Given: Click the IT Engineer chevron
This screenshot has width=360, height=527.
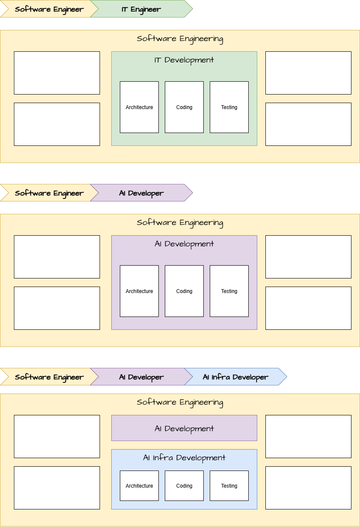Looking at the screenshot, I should (x=141, y=9).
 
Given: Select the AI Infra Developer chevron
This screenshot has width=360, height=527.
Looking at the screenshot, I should (x=235, y=377).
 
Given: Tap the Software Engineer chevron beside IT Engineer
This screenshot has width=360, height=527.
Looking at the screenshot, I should (x=47, y=9).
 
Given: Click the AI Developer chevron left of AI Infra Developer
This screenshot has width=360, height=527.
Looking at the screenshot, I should (x=141, y=377).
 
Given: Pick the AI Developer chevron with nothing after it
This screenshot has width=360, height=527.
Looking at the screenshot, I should (x=141, y=193).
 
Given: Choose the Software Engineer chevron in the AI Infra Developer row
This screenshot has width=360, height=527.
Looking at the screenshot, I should (x=47, y=377).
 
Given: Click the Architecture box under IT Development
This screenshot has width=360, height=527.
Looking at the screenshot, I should (x=139, y=107).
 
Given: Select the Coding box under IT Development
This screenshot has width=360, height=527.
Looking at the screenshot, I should (x=184, y=107).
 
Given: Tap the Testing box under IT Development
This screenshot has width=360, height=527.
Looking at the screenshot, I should (x=229, y=107).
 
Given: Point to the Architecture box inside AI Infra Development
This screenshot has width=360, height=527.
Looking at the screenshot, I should (x=139, y=486).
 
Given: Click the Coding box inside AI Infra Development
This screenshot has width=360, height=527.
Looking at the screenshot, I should (x=184, y=486).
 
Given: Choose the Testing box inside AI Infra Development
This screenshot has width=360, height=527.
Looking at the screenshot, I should (x=229, y=486).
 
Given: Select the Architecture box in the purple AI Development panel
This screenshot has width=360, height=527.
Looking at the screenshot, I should (x=139, y=291).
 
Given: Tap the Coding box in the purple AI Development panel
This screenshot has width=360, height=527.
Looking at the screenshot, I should (x=184, y=291).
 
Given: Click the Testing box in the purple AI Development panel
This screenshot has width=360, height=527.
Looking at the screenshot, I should (x=229, y=291).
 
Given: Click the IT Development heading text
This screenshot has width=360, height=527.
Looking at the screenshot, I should (x=184, y=60).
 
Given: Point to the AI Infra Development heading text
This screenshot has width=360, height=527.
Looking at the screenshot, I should (x=184, y=458).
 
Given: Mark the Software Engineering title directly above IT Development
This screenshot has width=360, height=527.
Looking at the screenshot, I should (x=180, y=39).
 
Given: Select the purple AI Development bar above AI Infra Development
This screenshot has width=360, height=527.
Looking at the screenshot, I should (x=184, y=428).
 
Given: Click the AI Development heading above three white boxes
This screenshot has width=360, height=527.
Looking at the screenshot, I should (x=184, y=244).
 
